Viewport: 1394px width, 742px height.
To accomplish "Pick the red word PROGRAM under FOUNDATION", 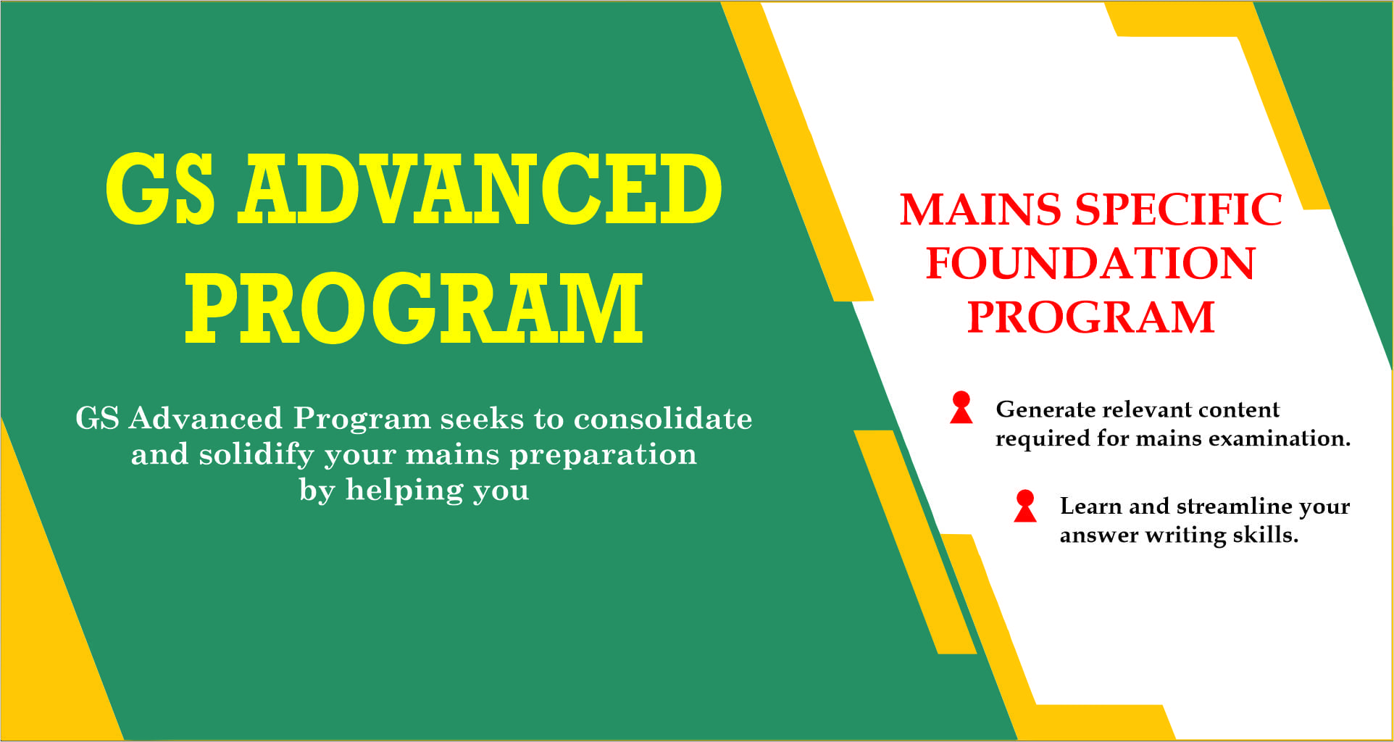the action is pos(1090,317).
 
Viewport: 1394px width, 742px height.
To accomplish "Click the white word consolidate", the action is pos(663,418).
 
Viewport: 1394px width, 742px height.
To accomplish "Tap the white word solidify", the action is pos(256,455).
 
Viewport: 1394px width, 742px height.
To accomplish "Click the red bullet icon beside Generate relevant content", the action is pos(961,407).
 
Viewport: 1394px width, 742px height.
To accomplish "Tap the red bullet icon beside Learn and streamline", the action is pos(1025,506).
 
